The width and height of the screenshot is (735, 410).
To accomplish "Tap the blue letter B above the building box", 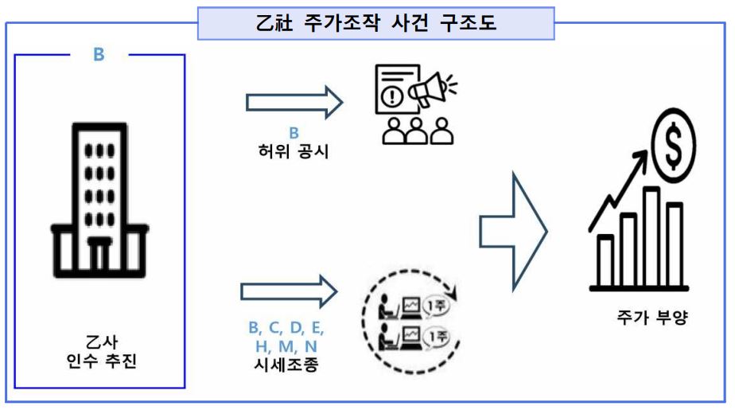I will point(99,55).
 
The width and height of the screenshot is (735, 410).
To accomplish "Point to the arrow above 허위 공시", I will point(294,102).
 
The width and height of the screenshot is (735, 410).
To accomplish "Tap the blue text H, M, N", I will point(286,346).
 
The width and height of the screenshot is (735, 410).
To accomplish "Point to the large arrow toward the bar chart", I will point(513,228).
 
